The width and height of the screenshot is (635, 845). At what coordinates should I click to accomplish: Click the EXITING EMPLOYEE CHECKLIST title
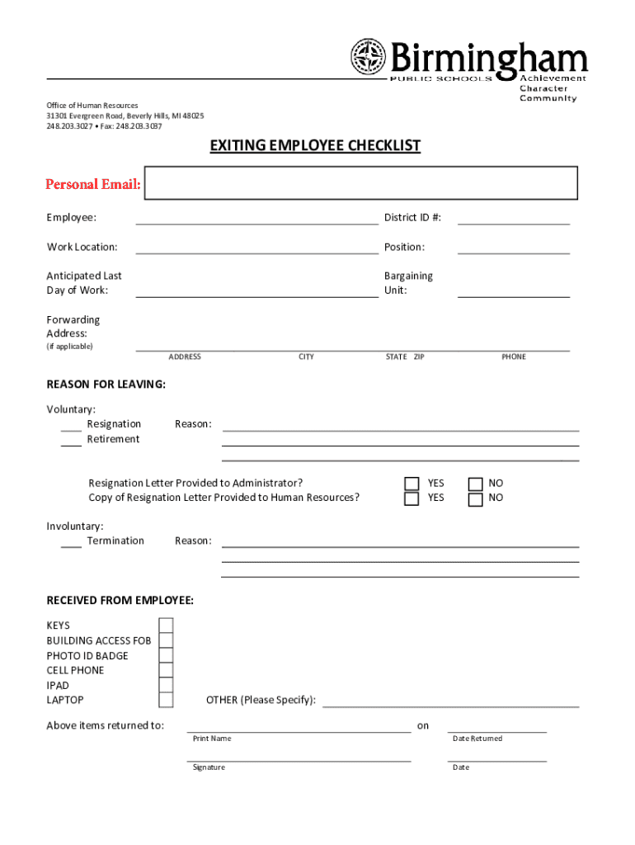pyautogui.click(x=315, y=146)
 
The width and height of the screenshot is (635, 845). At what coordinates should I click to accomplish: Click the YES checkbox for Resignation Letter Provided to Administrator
pyautogui.click(x=412, y=484)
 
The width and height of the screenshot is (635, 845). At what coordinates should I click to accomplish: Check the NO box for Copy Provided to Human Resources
pyautogui.click(x=475, y=499)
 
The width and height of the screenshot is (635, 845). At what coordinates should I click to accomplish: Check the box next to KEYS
pyautogui.click(x=166, y=625)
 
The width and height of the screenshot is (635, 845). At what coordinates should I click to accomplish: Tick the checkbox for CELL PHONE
pyautogui.click(x=166, y=670)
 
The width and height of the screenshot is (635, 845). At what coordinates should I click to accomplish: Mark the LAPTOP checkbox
pyautogui.click(x=166, y=700)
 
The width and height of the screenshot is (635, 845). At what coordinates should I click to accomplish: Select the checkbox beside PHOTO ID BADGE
pyautogui.click(x=166, y=655)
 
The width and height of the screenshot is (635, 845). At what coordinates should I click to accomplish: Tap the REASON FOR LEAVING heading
pyautogui.click(x=106, y=385)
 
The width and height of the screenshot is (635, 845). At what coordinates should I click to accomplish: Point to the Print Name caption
pyautogui.click(x=212, y=739)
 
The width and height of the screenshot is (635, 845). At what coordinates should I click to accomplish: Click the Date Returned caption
pyautogui.click(x=477, y=739)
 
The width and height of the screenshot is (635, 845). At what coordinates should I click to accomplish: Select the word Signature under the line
pyautogui.click(x=209, y=767)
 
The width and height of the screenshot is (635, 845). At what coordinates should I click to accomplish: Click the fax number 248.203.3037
pyautogui.click(x=139, y=126)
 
